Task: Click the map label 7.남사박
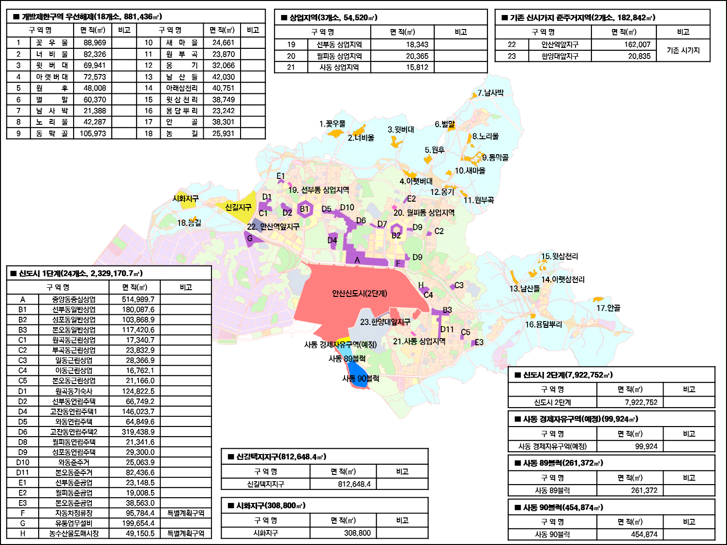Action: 490,93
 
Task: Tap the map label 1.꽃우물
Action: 333,124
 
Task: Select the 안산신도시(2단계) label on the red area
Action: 360,294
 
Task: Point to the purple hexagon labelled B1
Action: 304,209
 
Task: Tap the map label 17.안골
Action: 608,308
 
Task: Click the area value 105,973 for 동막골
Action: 93,133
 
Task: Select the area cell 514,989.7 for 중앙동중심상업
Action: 138,299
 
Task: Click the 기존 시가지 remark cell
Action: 683,50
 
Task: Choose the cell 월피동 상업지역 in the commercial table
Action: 339,56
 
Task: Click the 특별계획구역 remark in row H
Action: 186,533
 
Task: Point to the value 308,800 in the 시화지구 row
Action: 357,533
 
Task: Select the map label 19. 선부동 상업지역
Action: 318,190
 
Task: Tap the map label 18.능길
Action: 189,223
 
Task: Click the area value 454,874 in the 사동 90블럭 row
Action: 644,534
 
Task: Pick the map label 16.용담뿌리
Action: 544,324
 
